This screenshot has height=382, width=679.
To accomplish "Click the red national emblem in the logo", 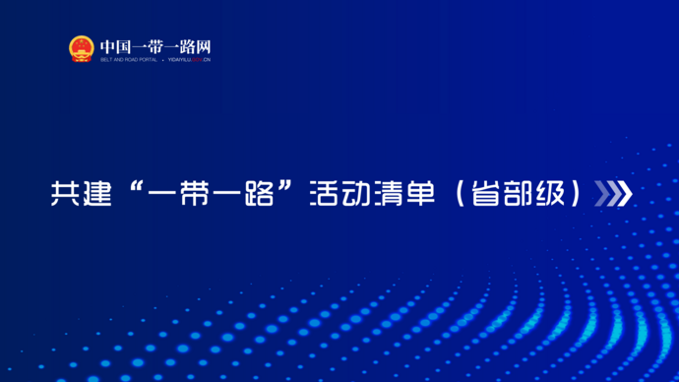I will pos(82,48).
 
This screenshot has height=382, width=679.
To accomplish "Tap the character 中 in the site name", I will pos(107,45).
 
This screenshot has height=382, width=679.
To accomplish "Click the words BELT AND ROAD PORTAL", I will pos(128,60).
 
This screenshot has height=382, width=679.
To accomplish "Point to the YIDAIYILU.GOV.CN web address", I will pos(188,60).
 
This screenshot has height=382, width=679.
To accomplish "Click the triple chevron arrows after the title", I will pos(614,194).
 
